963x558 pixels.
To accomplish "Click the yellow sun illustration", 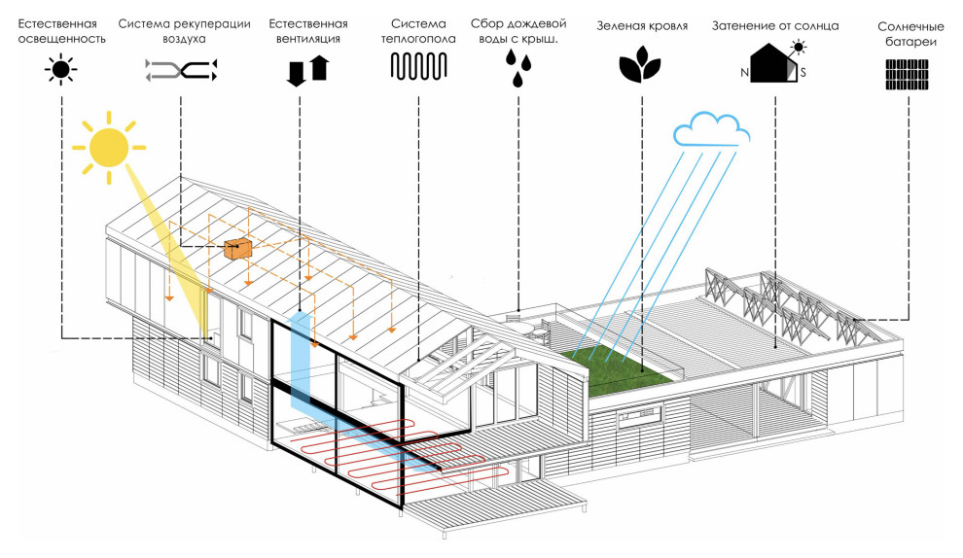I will point(108,147).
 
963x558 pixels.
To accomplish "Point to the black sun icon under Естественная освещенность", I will point(60,69).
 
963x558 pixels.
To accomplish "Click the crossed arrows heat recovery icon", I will point(181,68).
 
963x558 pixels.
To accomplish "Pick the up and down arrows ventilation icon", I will point(307,71).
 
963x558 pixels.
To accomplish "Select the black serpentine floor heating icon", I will point(418,67).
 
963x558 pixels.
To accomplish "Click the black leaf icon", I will point(640,67).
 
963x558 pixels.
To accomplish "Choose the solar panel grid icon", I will point(908,75).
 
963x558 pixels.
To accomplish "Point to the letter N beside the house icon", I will point(744,73).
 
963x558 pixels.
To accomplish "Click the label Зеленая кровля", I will point(642,26).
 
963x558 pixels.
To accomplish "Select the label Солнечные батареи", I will point(909,34).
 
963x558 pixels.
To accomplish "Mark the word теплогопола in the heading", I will point(419,39).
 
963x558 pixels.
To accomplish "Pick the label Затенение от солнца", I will point(774,26).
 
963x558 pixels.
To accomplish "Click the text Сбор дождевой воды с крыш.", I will point(517,30).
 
